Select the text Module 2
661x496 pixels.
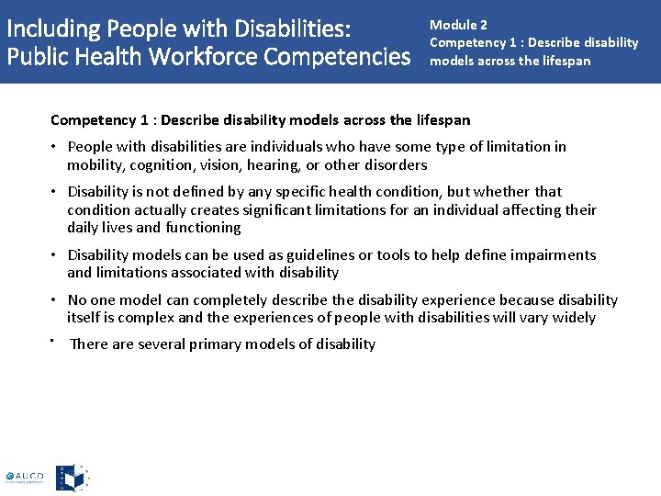click(458, 25)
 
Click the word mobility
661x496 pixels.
click(95, 165)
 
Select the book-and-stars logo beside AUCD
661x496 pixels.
click(73, 478)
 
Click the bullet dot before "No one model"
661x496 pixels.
click(56, 300)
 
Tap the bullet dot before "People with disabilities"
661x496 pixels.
click(56, 147)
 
